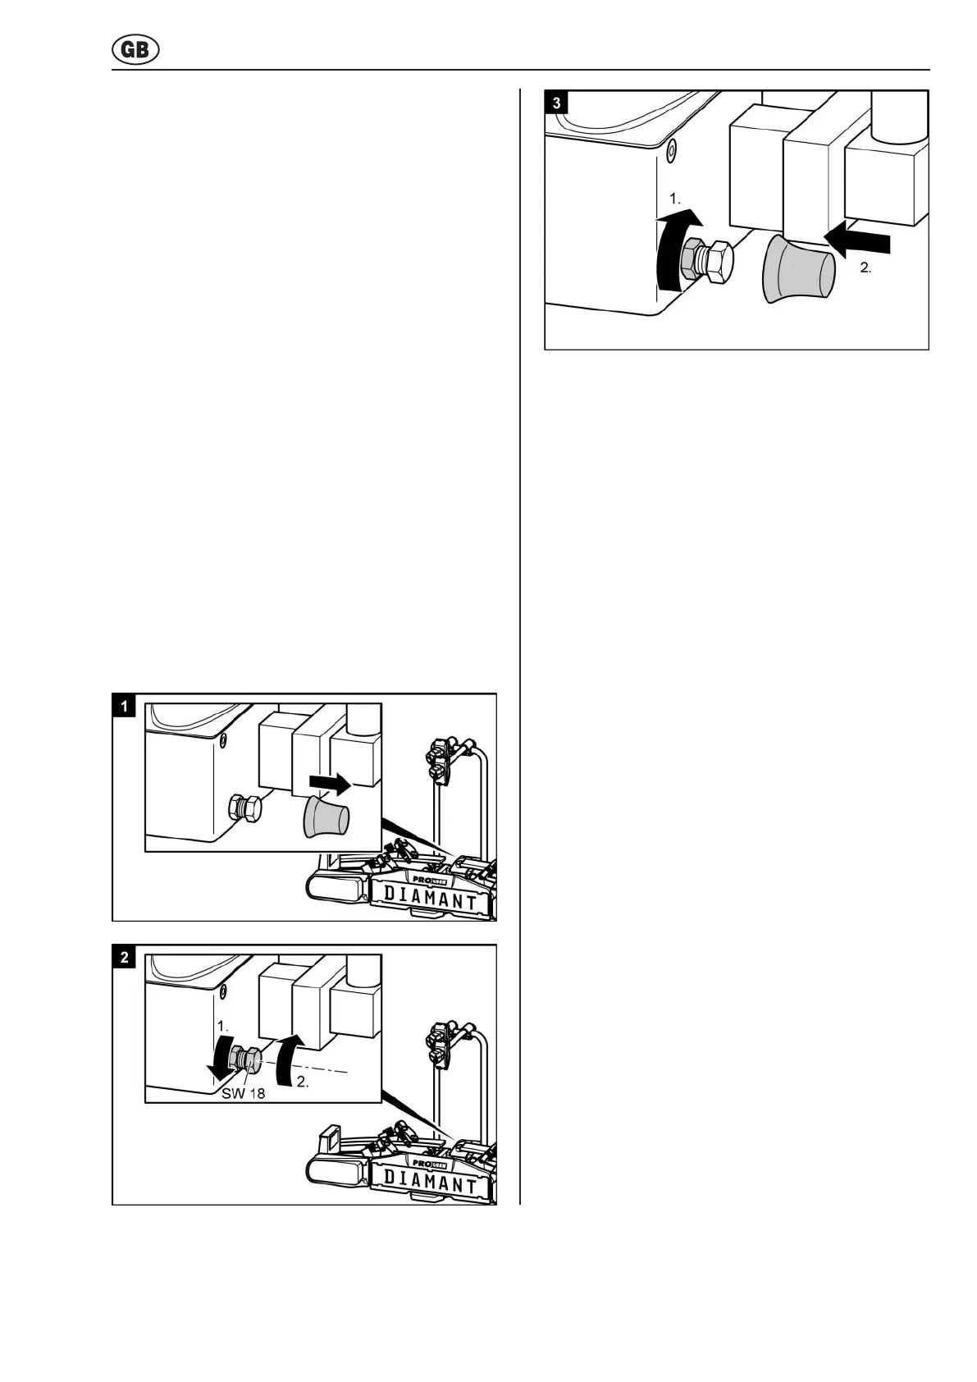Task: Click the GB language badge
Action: [x=135, y=51]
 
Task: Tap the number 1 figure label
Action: [x=124, y=706]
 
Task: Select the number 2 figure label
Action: [x=124, y=957]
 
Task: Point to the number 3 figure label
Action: [x=558, y=103]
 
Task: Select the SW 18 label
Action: [x=243, y=1093]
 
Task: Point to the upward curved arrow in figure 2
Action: [x=290, y=1057]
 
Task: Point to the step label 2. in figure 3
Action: [x=865, y=268]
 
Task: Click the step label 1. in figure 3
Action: [x=676, y=199]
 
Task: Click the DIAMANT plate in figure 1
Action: [x=430, y=900]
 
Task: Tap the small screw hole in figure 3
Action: [x=672, y=150]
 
